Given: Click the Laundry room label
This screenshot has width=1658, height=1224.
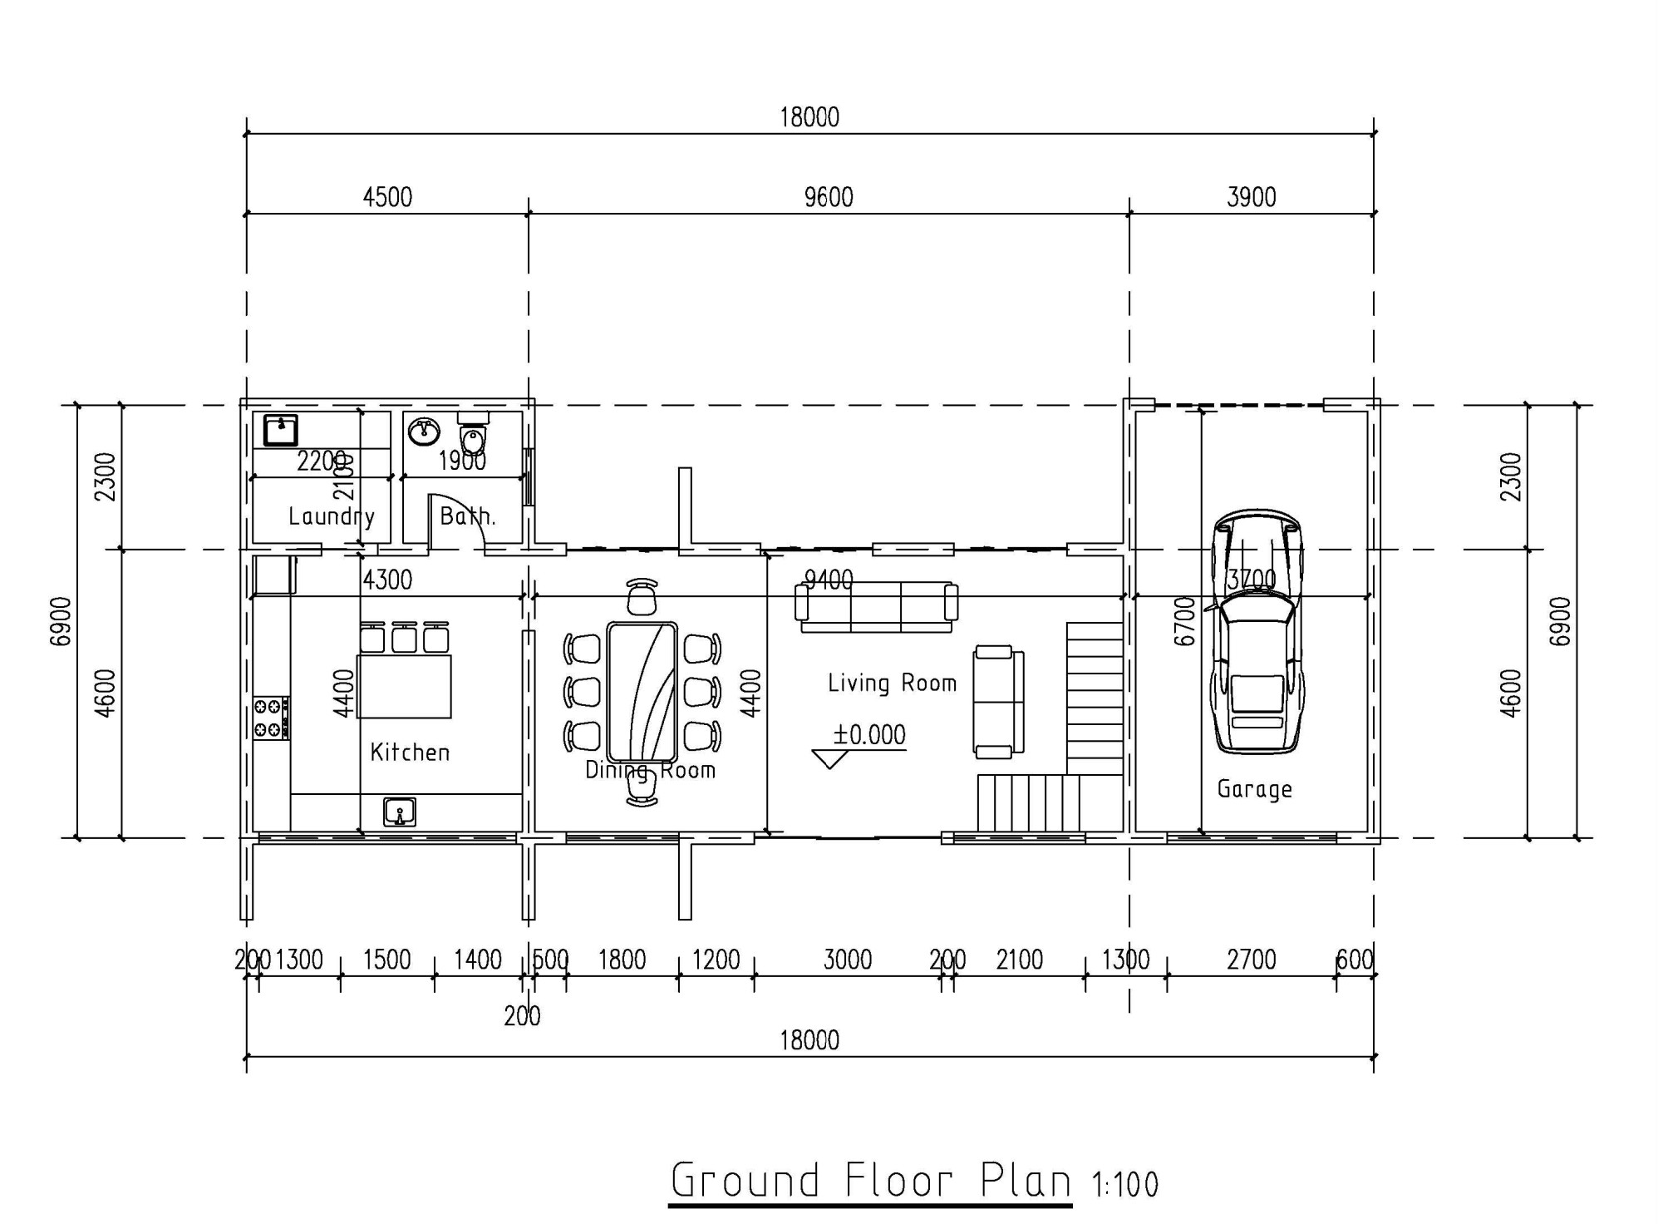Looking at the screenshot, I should tap(331, 516).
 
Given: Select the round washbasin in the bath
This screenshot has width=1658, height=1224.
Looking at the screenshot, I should tap(425, 431).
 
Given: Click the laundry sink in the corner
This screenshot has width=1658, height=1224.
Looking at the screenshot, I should tap(281, 431).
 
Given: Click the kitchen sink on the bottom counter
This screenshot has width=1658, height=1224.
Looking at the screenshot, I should tap(400, 812).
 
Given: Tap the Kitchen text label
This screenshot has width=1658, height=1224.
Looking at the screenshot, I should tap(410, 753).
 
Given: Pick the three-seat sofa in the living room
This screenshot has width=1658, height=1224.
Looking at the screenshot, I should tap(876, 607).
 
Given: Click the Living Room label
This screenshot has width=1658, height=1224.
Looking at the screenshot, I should tap(892, 684).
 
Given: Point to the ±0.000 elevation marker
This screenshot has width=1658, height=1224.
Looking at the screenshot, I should tap(868, 735).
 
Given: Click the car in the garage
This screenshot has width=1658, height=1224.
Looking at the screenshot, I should tap(1257, 632).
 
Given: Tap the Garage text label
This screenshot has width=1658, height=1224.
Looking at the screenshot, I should tap(1254, 788).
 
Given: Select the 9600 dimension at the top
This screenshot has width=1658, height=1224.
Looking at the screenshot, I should tap(829, 198).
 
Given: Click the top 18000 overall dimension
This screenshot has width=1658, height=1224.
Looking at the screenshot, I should tap(809, 118).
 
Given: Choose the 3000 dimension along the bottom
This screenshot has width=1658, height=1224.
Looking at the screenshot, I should tap(847, 960).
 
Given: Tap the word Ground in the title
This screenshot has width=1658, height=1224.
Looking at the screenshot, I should tap(745, 1181).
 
